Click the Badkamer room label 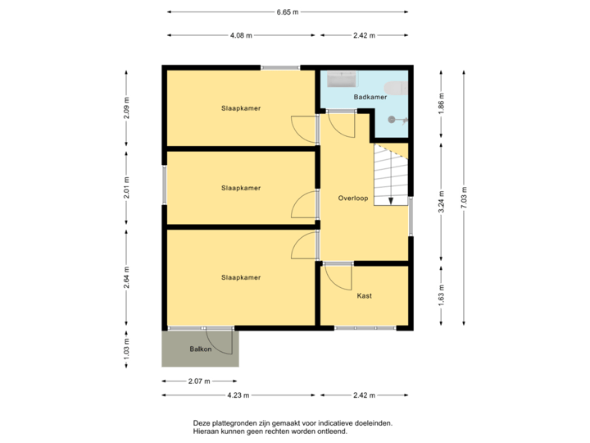click(x=370, y=98)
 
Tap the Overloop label click(x=353, y=199)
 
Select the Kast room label click(x=365, y=295)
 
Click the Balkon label click(x=201, y=349)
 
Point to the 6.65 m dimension click(x=288, y=12)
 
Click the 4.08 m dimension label click(x=241, y=35)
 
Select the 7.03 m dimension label click(x=464, y=197)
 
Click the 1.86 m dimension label click(x=441, y=103)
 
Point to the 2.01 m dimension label click(x=125, y=187)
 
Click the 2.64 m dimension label click(x=125, y=275)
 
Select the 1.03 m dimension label click(x=125, y=348)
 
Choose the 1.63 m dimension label click(x=441, y=295)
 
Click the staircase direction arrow click(x=391, y=199)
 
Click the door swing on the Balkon click(x=221, y=340)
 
